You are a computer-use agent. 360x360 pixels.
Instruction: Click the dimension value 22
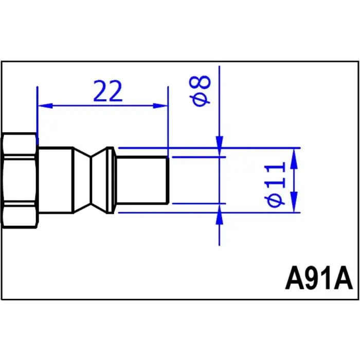(107, 91)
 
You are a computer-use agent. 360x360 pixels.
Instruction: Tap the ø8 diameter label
(200, 91)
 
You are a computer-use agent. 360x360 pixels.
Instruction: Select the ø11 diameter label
(275, 185)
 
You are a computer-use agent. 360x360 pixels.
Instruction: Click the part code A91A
(319, 278)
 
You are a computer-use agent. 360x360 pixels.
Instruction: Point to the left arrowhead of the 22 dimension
(45, 106)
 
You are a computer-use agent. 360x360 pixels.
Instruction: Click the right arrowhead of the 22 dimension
(160, 106)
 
